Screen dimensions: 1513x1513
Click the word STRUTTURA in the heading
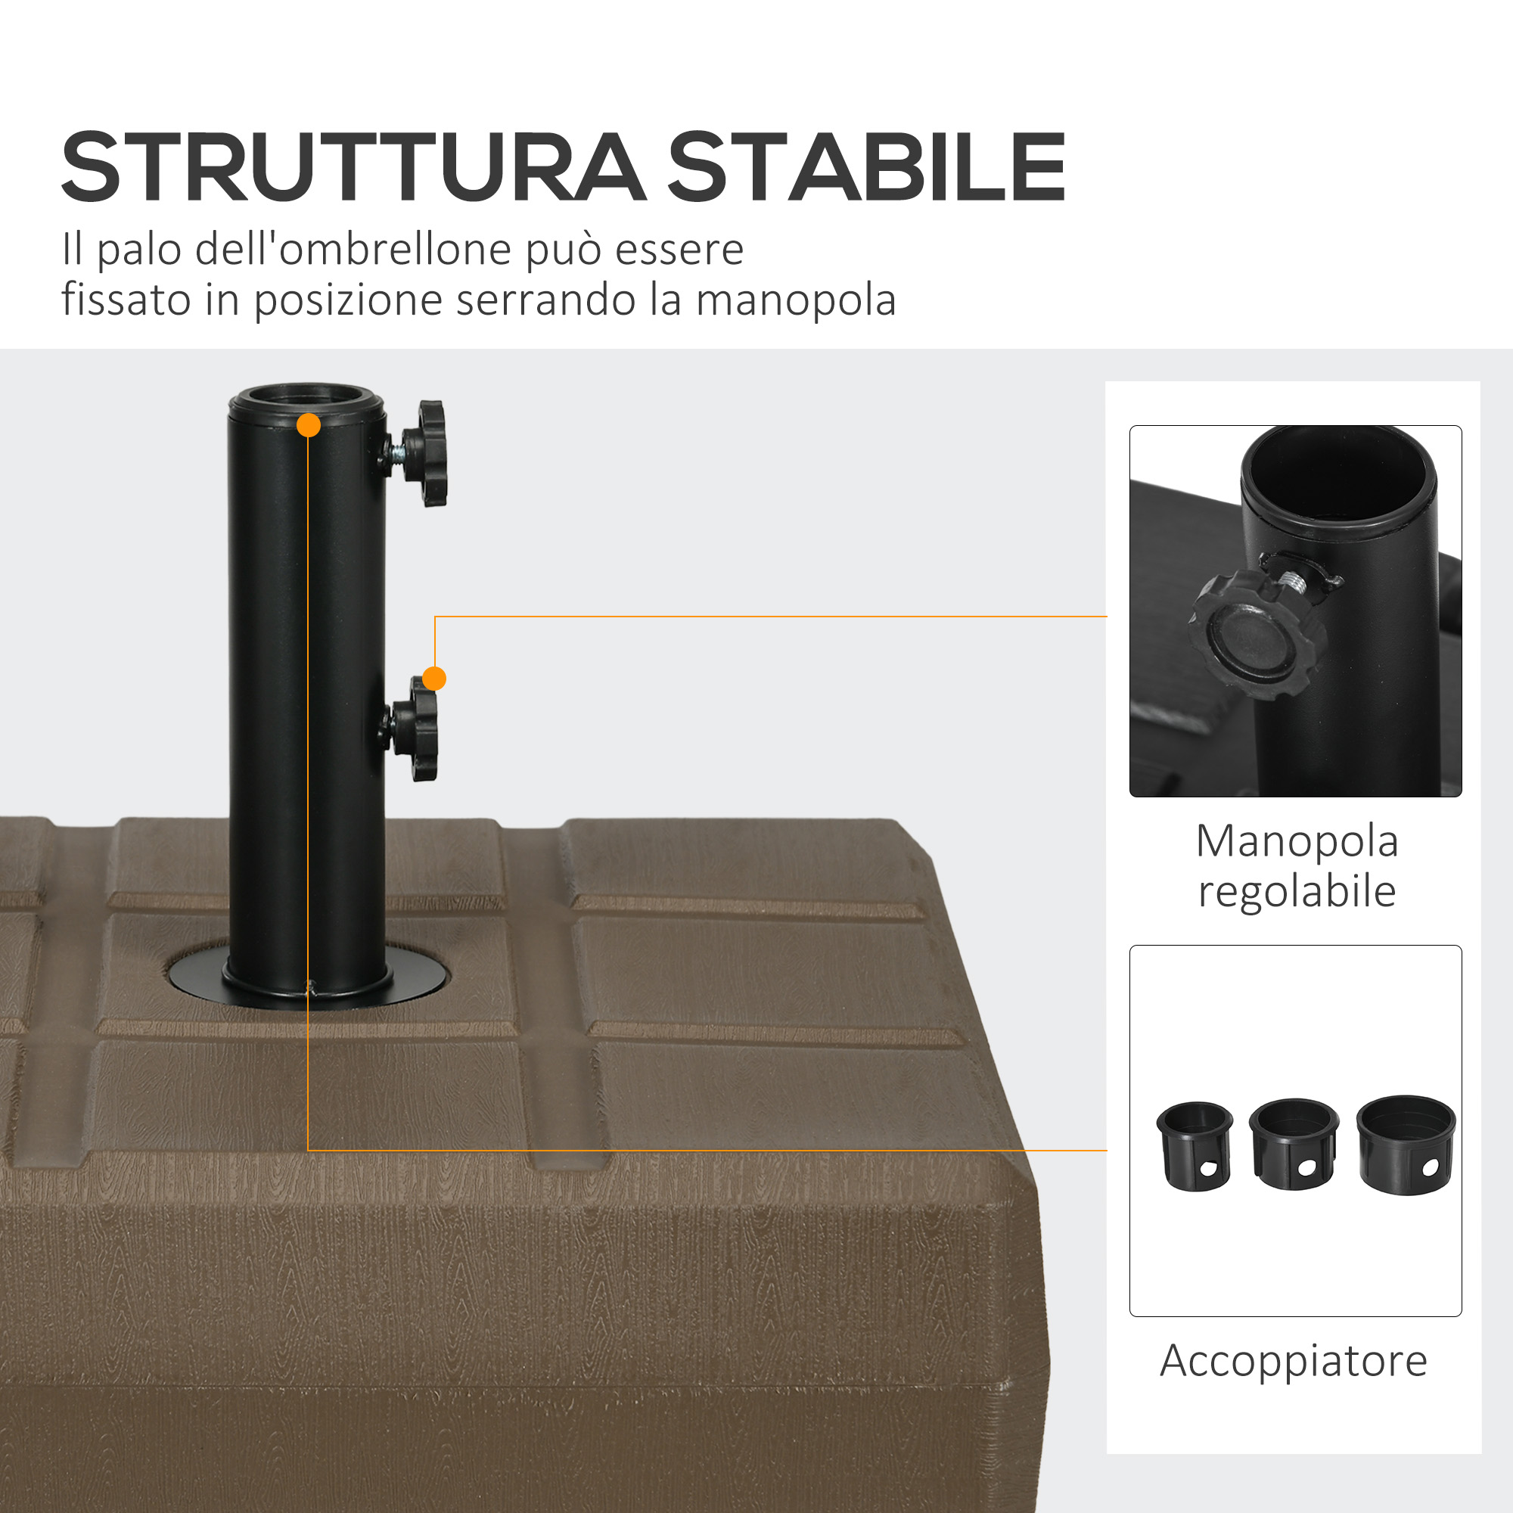pos(354,168)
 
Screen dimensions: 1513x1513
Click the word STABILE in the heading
pos(866,168)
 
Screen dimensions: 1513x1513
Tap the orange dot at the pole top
pos(309,425)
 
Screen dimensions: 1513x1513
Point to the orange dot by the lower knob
pos(433,678)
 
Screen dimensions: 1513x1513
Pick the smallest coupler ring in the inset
pos(1195,1147)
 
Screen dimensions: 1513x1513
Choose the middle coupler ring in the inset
pos(1294,1145)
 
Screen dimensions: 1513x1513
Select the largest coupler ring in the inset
pos(1406,1144)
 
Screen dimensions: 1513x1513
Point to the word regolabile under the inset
pos(1297,891)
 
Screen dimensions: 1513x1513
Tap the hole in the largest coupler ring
pos(1430,1167)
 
